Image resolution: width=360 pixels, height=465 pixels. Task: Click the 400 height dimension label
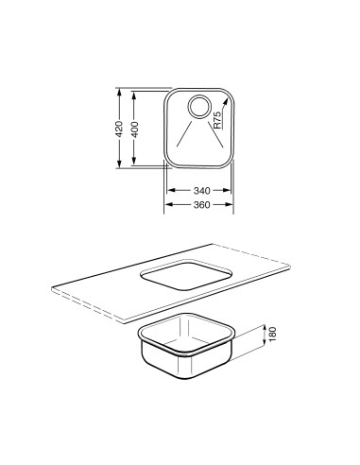tap(137, 129)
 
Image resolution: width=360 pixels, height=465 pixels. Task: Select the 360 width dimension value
tap(199, 204)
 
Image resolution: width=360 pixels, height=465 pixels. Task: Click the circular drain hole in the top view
tap(200, 107)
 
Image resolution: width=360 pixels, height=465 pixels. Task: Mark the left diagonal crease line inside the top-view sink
tap(182, 132)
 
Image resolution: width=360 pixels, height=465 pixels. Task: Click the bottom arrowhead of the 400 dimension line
tap(137, 164)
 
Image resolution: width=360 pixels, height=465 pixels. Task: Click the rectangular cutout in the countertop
tap(185, 275)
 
